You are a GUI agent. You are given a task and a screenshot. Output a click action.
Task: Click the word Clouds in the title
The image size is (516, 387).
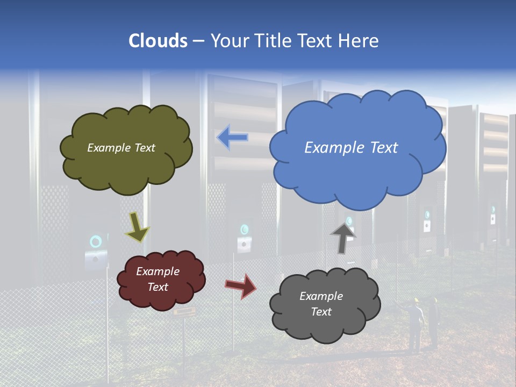pyautogui.click(x=159, y=41)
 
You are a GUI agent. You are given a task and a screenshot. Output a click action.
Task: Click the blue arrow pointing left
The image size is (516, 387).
pyautogui.click(x=232, y=138)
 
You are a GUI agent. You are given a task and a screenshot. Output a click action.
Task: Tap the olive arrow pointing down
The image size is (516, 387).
pyautogui.click(x=137, y=227)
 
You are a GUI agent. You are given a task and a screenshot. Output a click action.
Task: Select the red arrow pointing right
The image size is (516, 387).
pyautogui.click(x=241, y=286)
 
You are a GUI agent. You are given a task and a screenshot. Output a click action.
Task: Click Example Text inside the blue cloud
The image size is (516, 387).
pyautogui.click(x=351, y=148)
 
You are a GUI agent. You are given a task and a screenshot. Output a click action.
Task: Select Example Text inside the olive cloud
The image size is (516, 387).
pyautogui.click(x=121, y=148)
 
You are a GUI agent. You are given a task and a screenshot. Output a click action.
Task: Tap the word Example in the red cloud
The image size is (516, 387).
pyautogui.click(x=157, y=271)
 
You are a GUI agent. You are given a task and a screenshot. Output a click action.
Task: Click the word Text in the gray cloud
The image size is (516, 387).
pyautogui.click(x=321, y=312)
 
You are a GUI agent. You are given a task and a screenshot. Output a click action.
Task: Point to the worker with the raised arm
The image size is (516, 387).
pyautogui.click(x=414, y=322)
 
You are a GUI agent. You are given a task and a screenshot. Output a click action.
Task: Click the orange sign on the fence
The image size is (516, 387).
pyautogui.click(x=183, y=312)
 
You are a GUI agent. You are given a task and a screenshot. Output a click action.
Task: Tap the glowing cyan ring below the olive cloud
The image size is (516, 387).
pyautogui.click(x=96, y=241)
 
